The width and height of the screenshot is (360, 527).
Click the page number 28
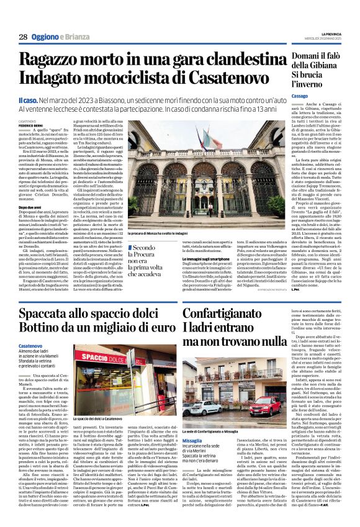click(22, 37)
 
